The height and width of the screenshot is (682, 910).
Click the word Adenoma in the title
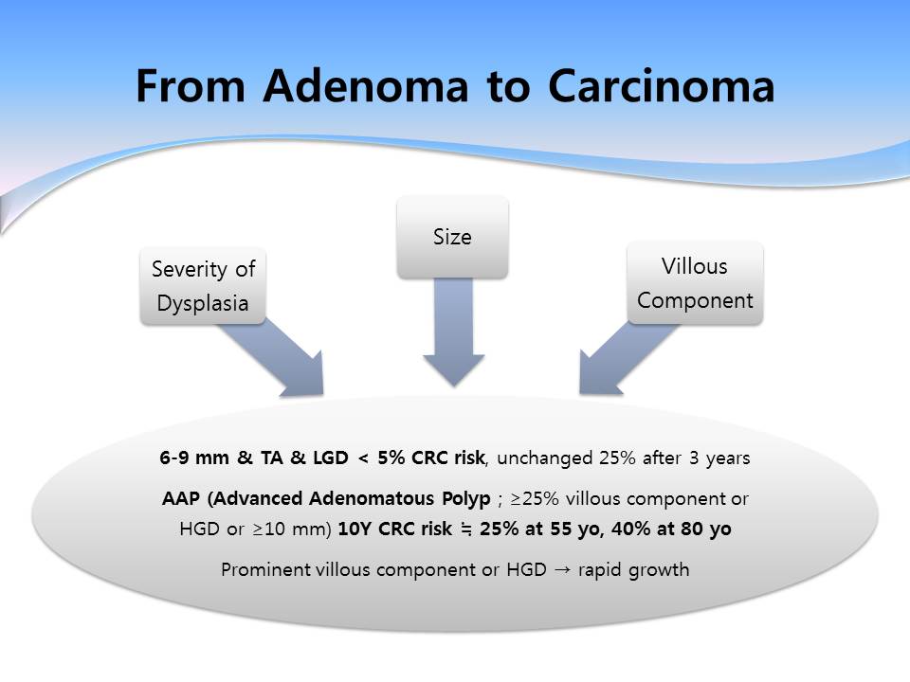tap(366, 86)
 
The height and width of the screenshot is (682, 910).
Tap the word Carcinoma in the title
tap(661, 86)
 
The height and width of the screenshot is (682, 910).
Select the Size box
tap(453, 237)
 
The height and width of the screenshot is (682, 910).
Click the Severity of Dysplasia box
tap(203, 286)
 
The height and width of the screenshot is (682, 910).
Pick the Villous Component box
tap(695, 283)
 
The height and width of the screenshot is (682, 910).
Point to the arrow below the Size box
tap(454, 332)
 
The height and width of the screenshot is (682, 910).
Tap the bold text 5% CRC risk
tap(430, 458)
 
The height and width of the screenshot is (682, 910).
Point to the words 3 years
tap(719, 458)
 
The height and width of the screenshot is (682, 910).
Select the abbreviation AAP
tap(180, 499)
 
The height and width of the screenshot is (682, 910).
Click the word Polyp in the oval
tap(466, 499)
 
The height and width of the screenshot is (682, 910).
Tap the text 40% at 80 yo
tap(671, 529)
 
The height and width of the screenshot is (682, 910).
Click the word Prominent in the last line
tap(265, 570)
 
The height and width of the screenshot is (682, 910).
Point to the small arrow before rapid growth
tap(562, 570)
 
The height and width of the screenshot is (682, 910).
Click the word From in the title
tap(191, 86)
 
